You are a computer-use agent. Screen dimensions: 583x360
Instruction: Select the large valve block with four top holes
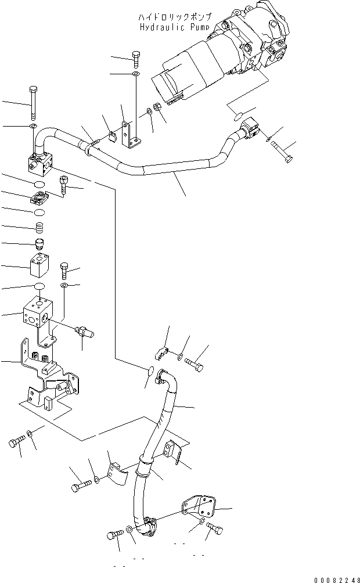coord(37,313)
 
